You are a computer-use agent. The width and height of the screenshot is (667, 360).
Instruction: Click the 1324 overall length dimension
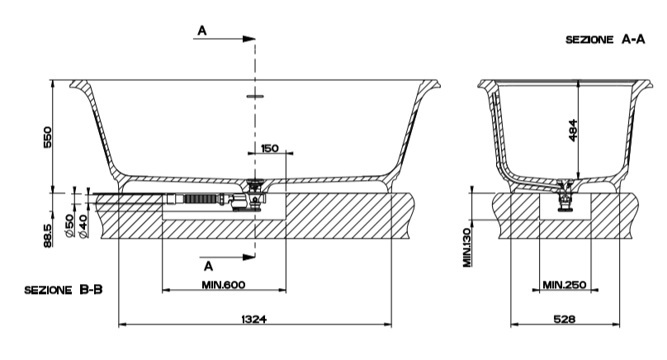(253, 317)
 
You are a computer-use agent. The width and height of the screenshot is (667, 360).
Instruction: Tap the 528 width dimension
(563, 317)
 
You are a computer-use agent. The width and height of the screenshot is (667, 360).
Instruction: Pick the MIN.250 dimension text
(564, 285)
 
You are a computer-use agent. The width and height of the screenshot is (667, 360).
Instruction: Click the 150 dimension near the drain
(269, 149)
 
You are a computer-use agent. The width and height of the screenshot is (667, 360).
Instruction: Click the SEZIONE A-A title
(605, 39)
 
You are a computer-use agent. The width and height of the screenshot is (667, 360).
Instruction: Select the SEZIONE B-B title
(63, 290)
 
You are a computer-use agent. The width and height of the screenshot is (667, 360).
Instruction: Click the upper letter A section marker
(201, 31)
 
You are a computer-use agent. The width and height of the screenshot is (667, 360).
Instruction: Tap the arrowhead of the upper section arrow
(248, 38)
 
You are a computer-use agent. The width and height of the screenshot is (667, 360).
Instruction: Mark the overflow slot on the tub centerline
(255, 96)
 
